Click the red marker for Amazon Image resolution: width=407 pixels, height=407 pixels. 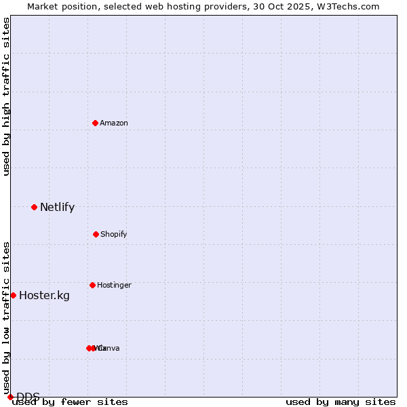(95, 123)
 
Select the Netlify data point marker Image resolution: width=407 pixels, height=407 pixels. (34, 207)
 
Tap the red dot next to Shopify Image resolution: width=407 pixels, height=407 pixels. (96, 234)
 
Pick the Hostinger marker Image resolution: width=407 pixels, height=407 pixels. (92, 285)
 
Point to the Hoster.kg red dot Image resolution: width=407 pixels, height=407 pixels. (13, 295)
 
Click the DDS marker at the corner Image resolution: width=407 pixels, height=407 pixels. (10, 397)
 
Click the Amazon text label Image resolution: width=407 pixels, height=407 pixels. (114, 123)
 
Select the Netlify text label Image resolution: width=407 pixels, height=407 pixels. (57, 208)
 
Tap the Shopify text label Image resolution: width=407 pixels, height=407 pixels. (114, 234)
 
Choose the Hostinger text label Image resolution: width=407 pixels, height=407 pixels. (114, 285)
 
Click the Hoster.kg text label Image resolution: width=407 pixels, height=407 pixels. (44, 295)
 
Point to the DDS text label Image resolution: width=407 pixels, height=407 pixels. (28, 397)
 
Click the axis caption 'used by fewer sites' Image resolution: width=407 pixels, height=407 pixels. (70, 402)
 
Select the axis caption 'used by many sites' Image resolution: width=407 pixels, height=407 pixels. (341, 402)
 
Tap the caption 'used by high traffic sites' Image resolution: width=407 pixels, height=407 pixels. (6, 96)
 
